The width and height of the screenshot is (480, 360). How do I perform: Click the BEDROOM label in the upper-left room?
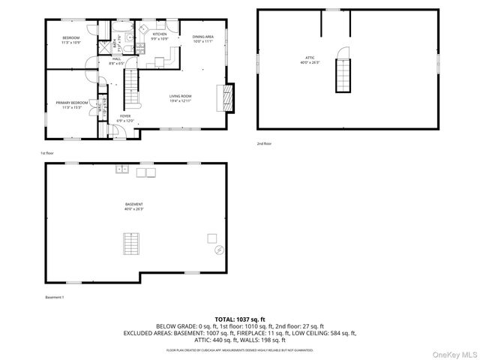[71, 37]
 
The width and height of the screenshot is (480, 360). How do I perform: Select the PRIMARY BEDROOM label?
[71, 102]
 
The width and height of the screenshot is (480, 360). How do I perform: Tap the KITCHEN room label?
[160, 34]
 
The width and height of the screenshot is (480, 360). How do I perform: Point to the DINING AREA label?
[202, 37]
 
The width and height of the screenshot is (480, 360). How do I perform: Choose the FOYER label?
[126, 116]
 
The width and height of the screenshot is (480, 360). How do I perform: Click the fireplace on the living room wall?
[226, 96]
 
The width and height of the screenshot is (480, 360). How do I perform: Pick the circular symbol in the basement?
[219, 250]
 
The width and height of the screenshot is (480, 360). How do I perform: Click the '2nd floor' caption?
[264, 142]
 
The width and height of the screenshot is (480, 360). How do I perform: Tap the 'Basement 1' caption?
[55, 297]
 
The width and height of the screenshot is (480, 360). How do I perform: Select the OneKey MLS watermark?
[452, 352]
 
